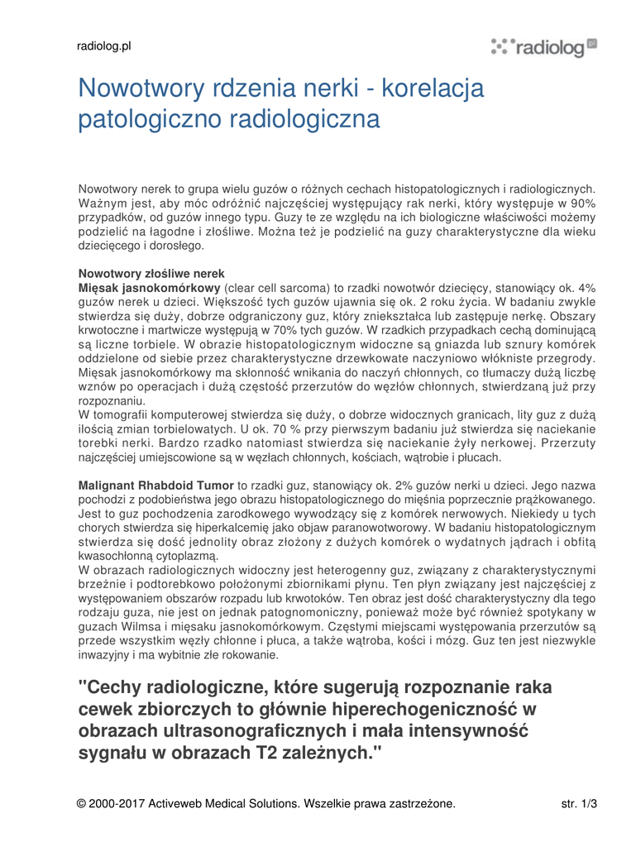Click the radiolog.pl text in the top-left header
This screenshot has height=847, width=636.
click(x=104, y=46)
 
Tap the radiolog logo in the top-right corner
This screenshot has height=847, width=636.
click(x=543, y=47)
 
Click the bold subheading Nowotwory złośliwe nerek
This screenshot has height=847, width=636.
click(x=151, y=273)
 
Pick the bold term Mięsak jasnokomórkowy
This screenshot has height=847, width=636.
click(x=149, y=287)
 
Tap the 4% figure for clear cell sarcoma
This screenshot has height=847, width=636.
click(x=587, y=287)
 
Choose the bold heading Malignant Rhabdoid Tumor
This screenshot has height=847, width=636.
click(x=155, y=486)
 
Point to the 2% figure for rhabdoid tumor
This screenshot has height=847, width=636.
click(x=414, y=486)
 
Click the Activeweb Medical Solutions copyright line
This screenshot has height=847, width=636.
click(x=265, y=803)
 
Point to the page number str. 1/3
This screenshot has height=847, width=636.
click(x=579, y=803)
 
